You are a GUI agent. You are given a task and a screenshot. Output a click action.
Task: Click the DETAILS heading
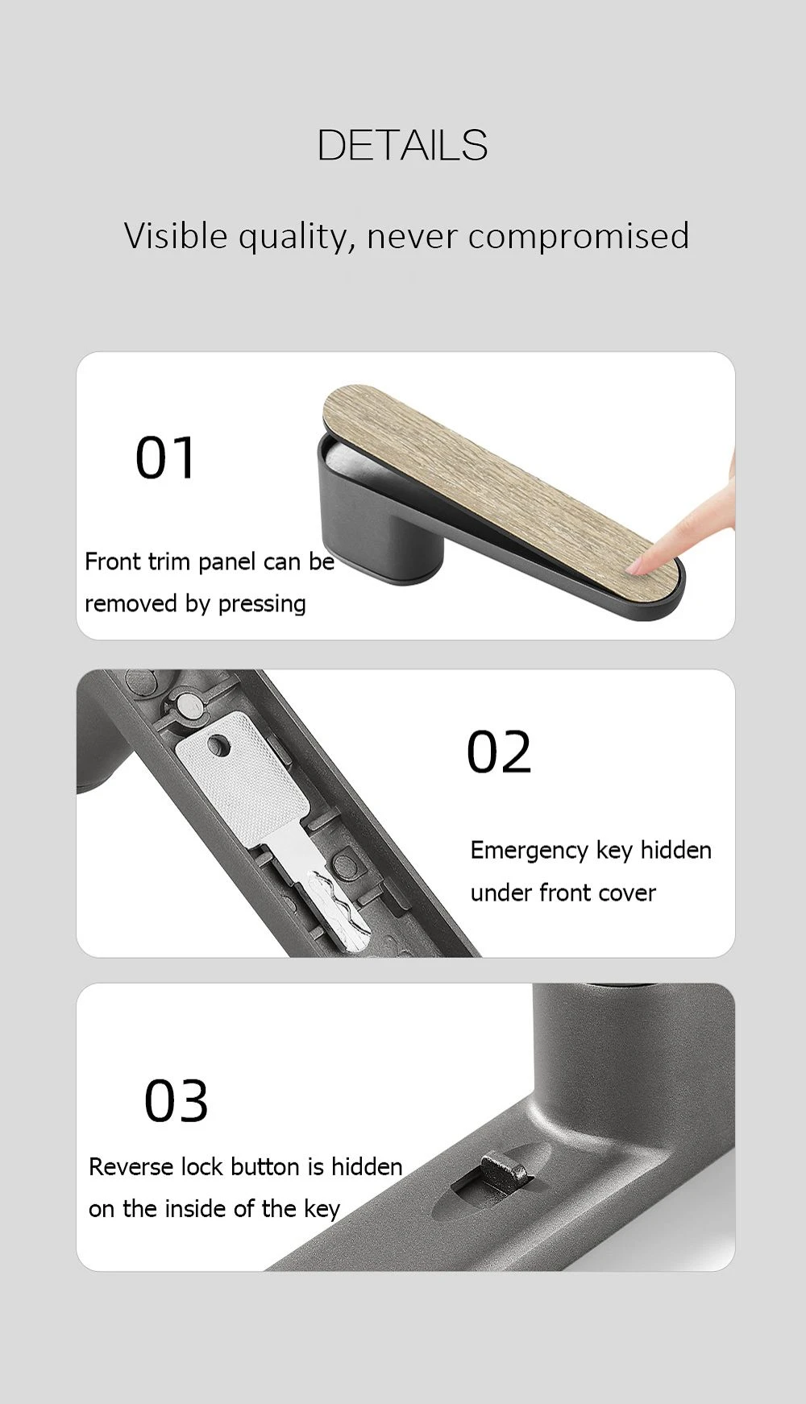[402, 145]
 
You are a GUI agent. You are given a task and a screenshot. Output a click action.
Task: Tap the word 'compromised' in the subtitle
[578, 237]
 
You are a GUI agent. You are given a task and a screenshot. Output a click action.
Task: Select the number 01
[165, 458]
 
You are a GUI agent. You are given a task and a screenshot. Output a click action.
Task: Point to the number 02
[499, 752]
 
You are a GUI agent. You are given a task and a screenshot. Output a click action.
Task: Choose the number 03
[177, 1101]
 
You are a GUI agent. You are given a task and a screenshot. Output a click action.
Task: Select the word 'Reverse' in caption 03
[131, 1167]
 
